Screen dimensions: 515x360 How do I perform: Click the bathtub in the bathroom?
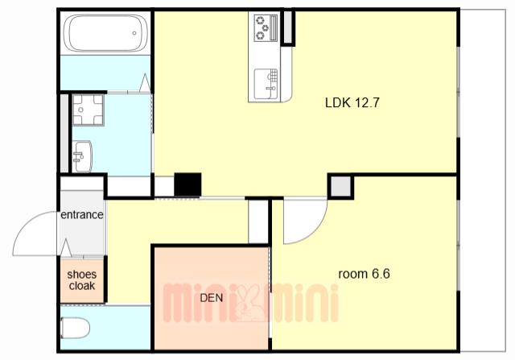tap(105, 33)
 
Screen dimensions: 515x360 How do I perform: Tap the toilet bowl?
tap(75, 328)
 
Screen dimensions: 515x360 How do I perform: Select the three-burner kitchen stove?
tap(266, 28)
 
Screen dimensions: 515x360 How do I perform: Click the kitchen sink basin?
tap(266, 84)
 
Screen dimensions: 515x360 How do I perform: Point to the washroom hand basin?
tap(82, 156)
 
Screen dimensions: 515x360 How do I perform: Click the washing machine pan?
tap(88, 110)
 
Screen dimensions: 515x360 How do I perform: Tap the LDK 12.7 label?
tap(352, 103)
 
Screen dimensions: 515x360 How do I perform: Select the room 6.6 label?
tap(364, 274)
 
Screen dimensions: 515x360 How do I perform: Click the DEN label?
tap(212, 298)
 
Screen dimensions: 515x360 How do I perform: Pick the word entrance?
tap(82, 215)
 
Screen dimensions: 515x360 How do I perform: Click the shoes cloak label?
tap(82, 280)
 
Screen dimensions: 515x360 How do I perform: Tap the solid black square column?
tap(187, 184)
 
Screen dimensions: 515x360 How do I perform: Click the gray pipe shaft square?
tap(340, 186)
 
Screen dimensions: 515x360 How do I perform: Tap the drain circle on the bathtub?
tap(134, 33)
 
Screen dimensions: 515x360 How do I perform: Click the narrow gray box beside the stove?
tap(288, 27)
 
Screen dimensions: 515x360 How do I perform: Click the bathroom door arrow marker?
tap(145, 83)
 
